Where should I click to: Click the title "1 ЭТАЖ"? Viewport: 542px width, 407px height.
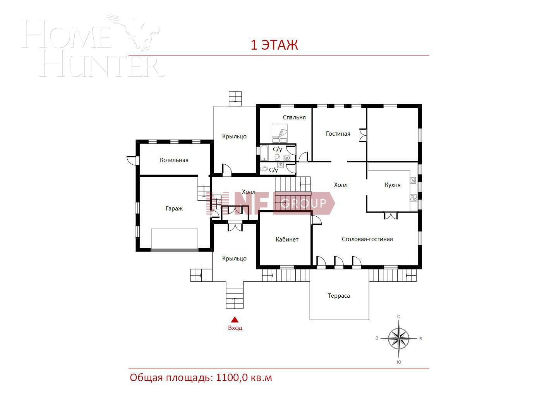pos(274,45)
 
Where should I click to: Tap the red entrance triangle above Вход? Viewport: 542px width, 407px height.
pos(235,320)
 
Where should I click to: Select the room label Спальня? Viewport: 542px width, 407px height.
pos(294,117)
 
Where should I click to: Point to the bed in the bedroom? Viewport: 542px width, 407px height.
pos(280,133)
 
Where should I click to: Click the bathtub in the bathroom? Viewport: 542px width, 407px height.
pos(264,153)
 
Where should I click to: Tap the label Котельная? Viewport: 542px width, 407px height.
pos(174,160)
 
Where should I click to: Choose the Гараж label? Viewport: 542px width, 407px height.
pos(174,209)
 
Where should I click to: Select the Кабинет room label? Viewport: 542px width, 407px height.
pos(287,240)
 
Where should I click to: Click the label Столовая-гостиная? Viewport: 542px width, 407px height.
pos(367,239)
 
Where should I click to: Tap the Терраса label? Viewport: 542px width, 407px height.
pos(339,296)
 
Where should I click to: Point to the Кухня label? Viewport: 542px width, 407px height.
pos(393,185)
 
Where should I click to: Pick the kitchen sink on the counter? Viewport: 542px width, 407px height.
pos(413,180)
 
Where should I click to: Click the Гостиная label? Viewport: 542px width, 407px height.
pos(338,134)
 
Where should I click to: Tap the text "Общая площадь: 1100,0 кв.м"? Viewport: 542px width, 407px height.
pos(201,378)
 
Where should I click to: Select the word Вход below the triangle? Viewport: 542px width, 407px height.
pos(235,328)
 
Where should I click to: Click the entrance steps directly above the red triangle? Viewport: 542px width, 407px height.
pos(235,296)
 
